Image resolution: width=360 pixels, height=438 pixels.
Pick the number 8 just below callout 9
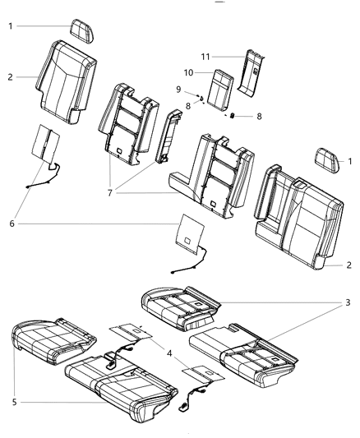(187, 105)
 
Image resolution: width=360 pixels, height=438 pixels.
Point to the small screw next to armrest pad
(232, 116)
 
